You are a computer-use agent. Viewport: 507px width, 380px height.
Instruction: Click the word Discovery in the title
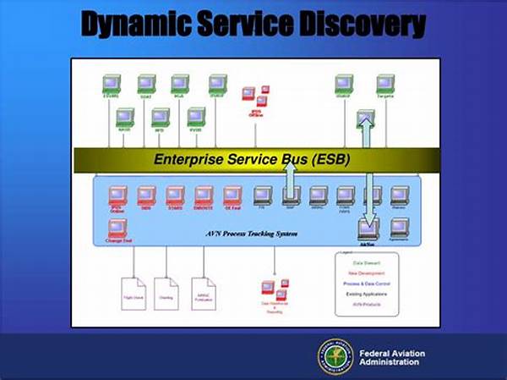(364, 25)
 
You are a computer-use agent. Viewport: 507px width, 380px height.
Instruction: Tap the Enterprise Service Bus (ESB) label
(252, 159)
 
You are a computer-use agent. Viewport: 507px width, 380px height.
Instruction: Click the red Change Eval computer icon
(117, 229)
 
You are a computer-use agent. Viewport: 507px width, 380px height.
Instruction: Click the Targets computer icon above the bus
(385, 84)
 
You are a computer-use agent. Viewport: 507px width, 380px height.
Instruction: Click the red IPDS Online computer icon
(117, 196)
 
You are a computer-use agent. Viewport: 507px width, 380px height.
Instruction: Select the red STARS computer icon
(175, 196)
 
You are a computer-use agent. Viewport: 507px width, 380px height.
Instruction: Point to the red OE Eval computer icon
(232, 196)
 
